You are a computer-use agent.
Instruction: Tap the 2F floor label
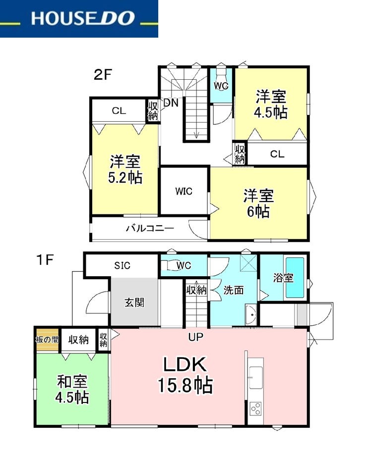(x=103, y=75)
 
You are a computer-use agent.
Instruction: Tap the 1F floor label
(x=45, y=260)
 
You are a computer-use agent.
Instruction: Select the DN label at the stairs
(x=171, y=102)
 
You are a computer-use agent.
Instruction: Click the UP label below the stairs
(x=195, y=337)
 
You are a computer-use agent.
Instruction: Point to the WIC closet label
(x=183, y=191)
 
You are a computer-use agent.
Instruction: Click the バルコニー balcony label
(x=150, y=229)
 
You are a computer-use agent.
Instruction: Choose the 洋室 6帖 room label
(x=258, y=203)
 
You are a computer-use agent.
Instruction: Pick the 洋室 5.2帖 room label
(x=125, y=169)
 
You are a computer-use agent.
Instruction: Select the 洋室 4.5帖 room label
(x=271, y=104)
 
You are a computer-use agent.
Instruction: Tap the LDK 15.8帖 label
(x=185, y=375)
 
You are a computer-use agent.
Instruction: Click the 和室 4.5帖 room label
(x=72, y=389)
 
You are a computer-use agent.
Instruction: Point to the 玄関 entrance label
(x=134, y=302)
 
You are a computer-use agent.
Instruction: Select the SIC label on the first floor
(x=122, y=265)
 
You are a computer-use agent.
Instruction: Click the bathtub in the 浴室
(x=295, y=278)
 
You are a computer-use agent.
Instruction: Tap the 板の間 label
(x=47, y=339)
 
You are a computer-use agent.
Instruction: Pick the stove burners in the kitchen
(x=256, y=408)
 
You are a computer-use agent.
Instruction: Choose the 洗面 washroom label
(x=234, y=290)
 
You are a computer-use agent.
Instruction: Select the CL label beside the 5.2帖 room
(x=119, y=111)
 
